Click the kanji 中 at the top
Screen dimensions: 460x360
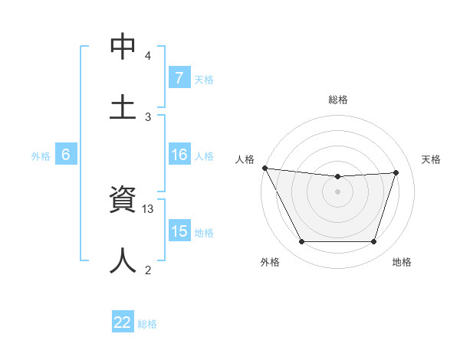pos(123,47)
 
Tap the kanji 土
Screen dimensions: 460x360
pos(123,106)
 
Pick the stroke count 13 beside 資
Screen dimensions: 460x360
pos(149,209)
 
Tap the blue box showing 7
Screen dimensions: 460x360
pos(179,78)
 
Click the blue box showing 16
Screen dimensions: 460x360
pos(179,155)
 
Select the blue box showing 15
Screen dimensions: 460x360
pos(179,231)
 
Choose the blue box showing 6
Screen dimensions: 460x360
pos(66,155)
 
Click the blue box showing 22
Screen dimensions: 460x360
pos(123,322)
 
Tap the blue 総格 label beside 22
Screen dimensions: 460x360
pos(147,323)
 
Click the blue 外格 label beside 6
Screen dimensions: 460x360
pos(41,155)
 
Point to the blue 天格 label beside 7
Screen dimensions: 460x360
pos(204,79)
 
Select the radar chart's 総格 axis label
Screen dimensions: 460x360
pos(337,100)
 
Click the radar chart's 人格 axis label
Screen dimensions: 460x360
pos(244,159)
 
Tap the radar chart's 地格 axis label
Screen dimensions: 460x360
pos(402,262)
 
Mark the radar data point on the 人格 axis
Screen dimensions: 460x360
pos(264,168)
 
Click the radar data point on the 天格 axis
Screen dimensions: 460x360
pos(396,172)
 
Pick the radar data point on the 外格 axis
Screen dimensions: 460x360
pos(301,242)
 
